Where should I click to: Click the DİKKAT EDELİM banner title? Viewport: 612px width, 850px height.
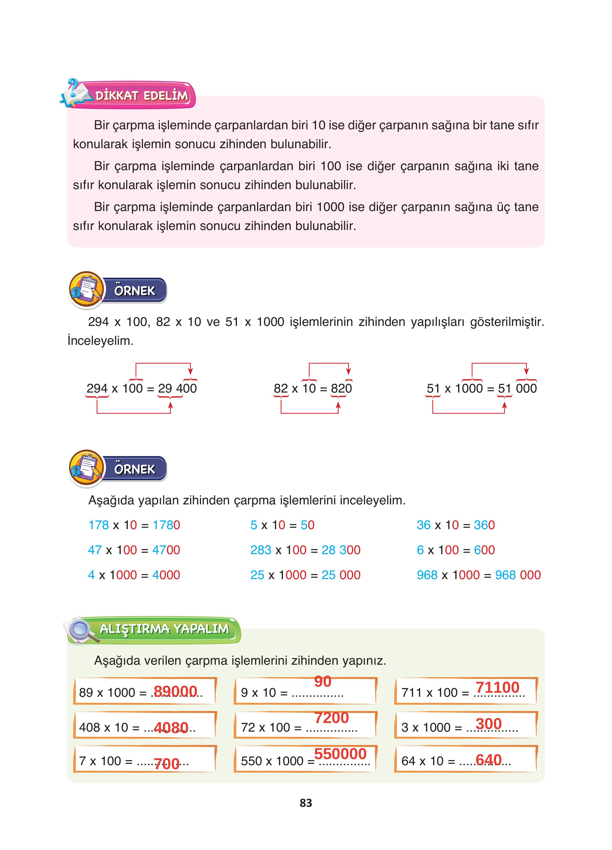[142, 96]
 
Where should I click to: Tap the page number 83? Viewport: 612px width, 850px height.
[306, 803]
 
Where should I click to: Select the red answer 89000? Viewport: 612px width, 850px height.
[175, 691]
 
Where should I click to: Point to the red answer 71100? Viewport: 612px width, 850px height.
[497, 687]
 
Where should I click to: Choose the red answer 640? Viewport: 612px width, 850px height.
[488, 760]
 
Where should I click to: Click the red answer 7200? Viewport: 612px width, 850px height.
[331, 718]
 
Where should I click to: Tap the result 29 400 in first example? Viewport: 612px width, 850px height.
[177, 388]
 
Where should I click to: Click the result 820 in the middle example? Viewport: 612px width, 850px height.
[341, 388]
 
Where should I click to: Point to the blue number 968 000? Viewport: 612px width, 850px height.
[517, 575]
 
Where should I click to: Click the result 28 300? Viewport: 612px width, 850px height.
[341, 550]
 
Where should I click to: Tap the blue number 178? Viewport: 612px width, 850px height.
[98, 525]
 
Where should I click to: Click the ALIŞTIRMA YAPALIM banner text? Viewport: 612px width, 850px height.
[164, 629]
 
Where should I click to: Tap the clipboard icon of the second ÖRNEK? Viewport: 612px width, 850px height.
[86, 469]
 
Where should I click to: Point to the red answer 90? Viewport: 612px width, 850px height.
[322, 681]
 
